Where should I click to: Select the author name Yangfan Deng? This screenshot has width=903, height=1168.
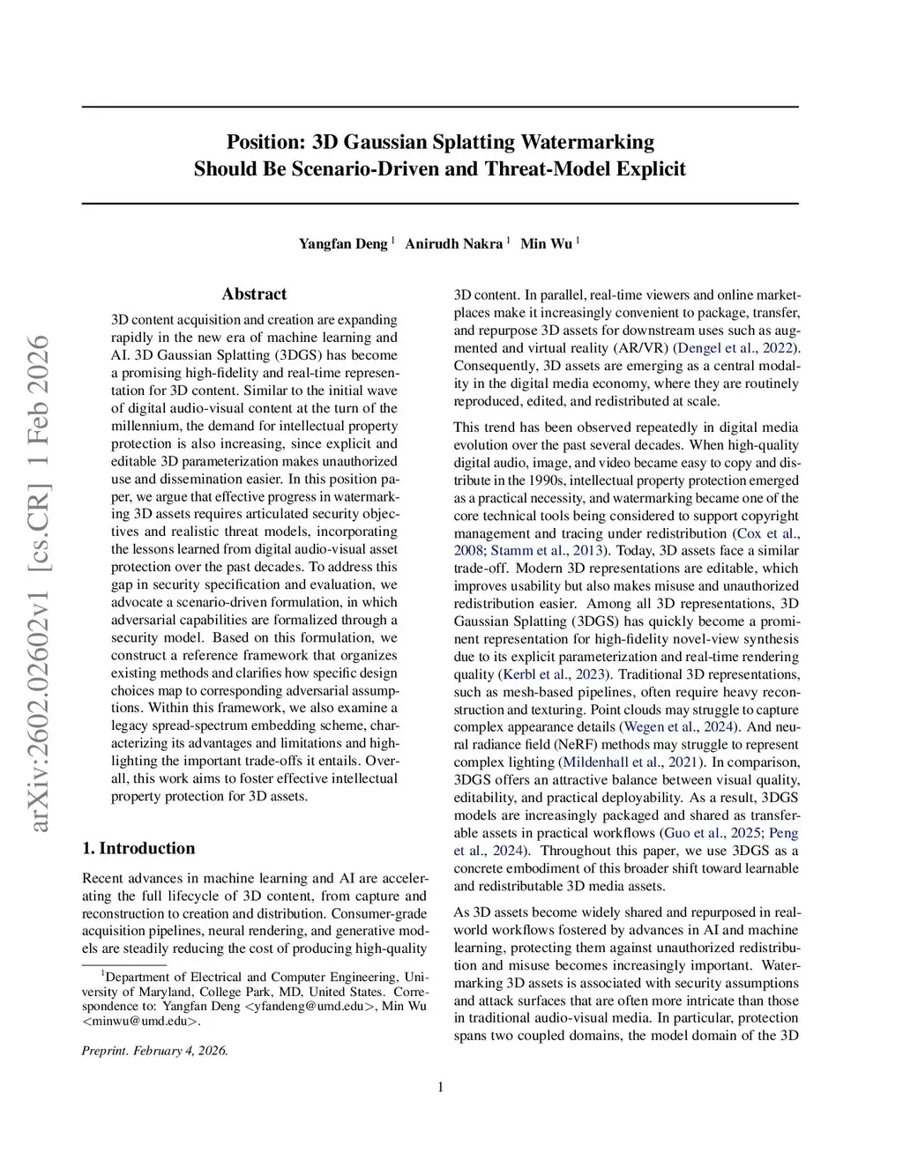343,244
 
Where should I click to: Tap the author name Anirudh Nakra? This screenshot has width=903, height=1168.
453,244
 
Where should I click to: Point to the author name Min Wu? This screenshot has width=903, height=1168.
546,244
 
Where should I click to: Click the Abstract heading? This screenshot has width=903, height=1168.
254,294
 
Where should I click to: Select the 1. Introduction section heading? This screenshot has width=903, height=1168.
138,849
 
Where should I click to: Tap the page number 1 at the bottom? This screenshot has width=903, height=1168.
440,1087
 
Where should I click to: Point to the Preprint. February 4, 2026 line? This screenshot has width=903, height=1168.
155,1051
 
